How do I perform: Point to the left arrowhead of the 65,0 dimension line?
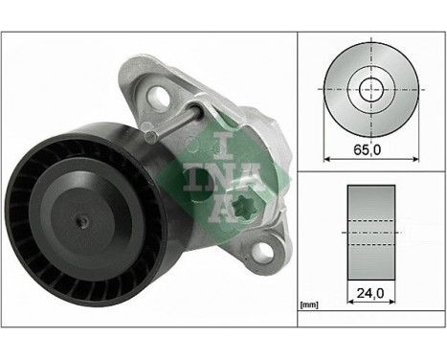click(328, 158)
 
